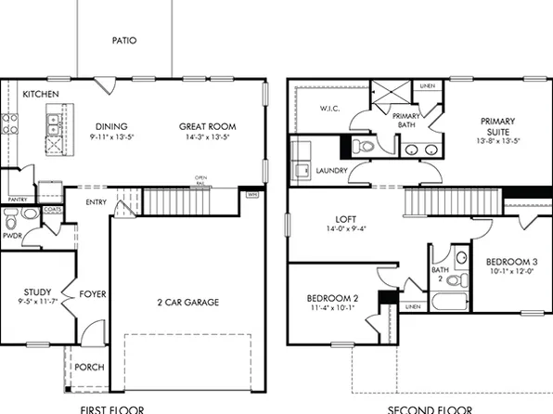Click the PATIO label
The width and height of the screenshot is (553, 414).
click(124, 41)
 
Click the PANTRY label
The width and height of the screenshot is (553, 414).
click(17, 200)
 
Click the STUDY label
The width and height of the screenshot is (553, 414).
click(37, 291)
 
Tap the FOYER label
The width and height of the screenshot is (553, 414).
click(92, 294)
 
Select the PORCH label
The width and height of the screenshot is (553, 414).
click(89, 367)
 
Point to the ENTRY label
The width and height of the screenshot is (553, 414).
click(96, 202)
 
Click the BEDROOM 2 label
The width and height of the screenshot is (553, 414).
click(332, 298)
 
